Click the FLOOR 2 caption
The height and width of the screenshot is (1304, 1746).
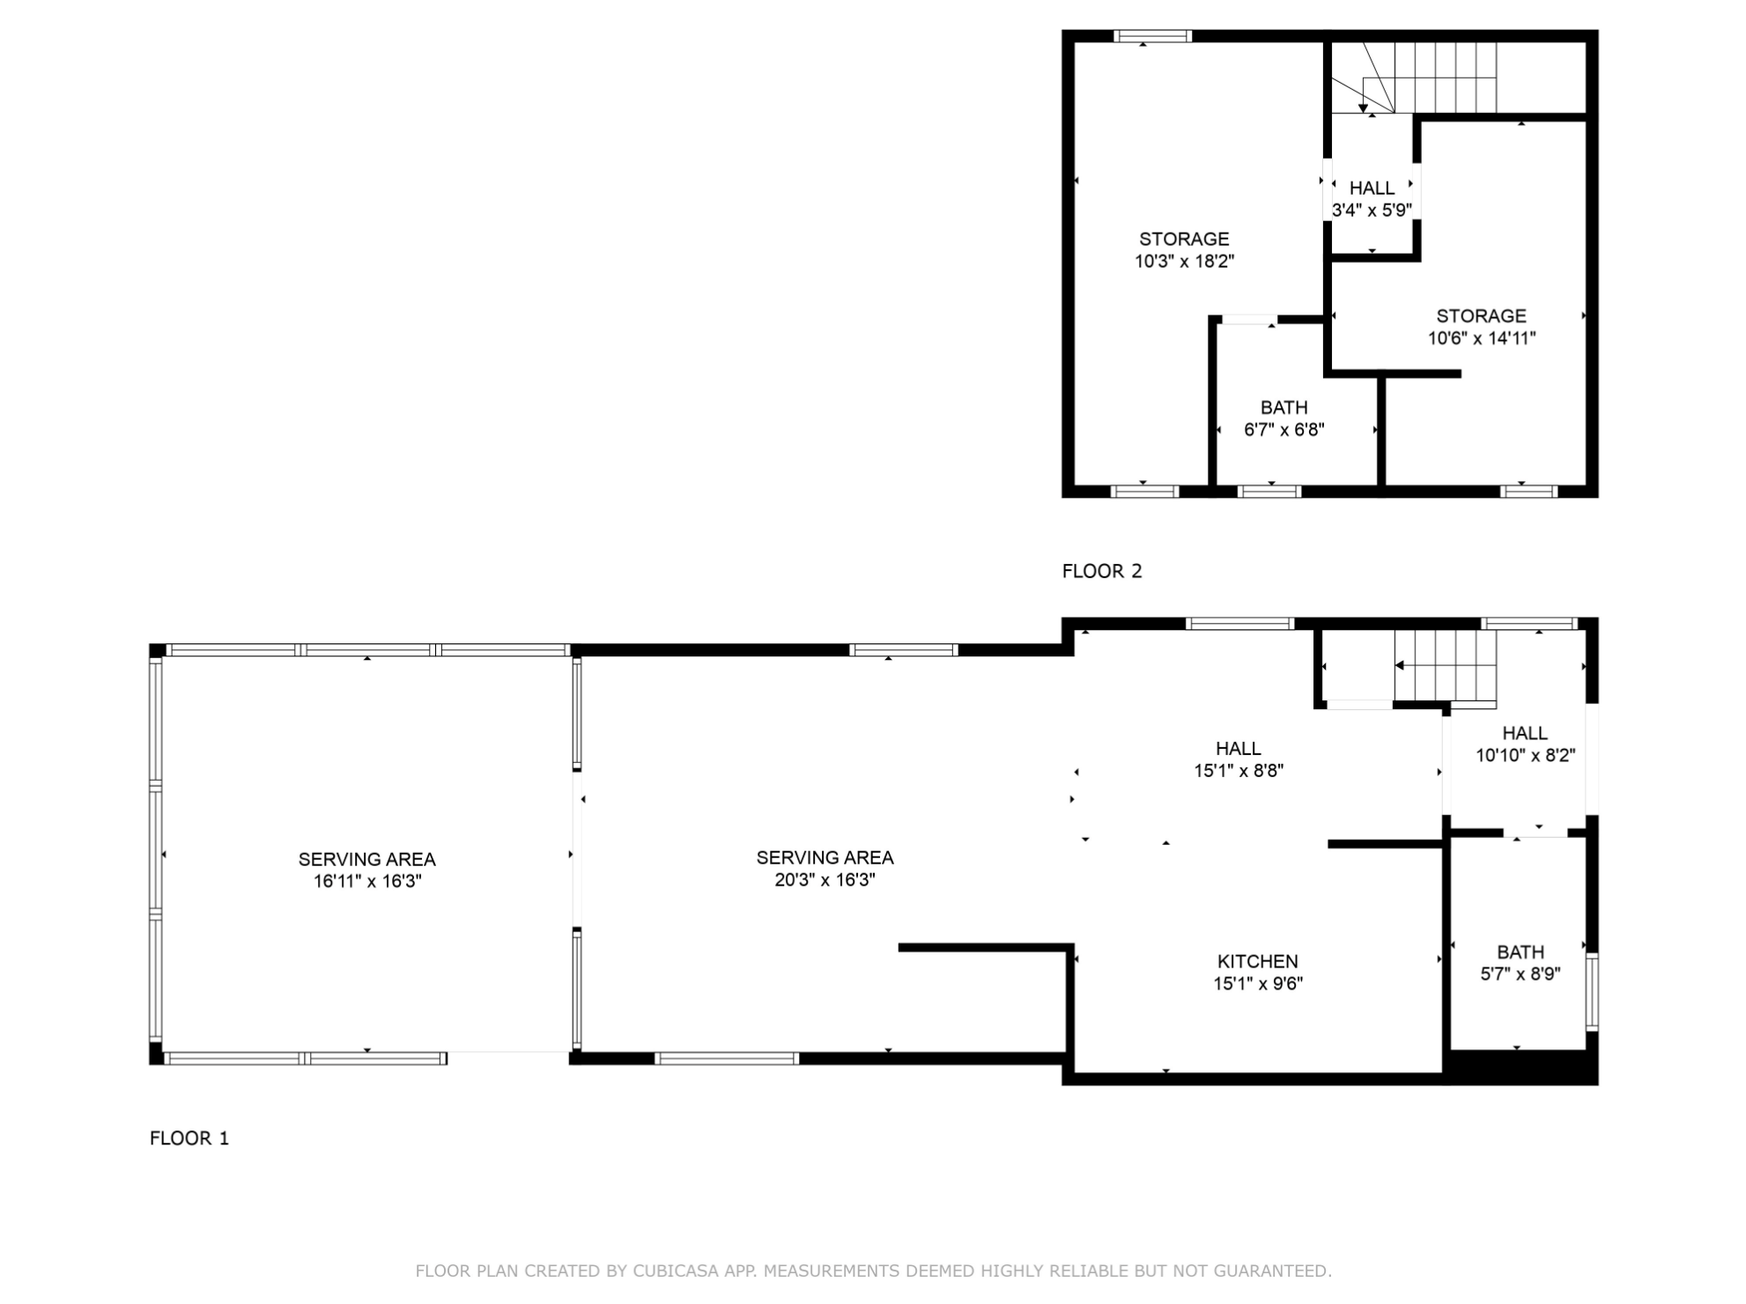1101,571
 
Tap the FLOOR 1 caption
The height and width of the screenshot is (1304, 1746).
189,1138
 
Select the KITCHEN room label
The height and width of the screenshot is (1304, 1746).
1257,961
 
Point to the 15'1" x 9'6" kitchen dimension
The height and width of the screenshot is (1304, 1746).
1257,984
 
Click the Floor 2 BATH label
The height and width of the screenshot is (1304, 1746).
1284,408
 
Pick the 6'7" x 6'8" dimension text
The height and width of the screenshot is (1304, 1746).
1284,430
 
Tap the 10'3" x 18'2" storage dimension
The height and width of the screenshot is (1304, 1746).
1184,261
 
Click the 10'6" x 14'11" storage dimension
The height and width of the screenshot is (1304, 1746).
1482,337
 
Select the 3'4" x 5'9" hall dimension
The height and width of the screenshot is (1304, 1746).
1372,211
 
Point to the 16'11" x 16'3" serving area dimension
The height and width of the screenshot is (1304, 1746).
367,881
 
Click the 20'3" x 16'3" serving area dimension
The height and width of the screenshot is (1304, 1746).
825,879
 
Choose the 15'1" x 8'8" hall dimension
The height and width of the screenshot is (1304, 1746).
1239,771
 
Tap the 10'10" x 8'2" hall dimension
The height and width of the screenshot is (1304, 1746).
1525,755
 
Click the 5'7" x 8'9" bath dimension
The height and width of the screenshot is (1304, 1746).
1520,974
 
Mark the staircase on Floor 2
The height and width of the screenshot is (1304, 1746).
1414,78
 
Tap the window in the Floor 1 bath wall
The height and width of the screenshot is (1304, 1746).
1592,991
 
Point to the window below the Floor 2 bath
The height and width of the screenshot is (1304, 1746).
1269,492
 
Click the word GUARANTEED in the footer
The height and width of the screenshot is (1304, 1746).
1272,1271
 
